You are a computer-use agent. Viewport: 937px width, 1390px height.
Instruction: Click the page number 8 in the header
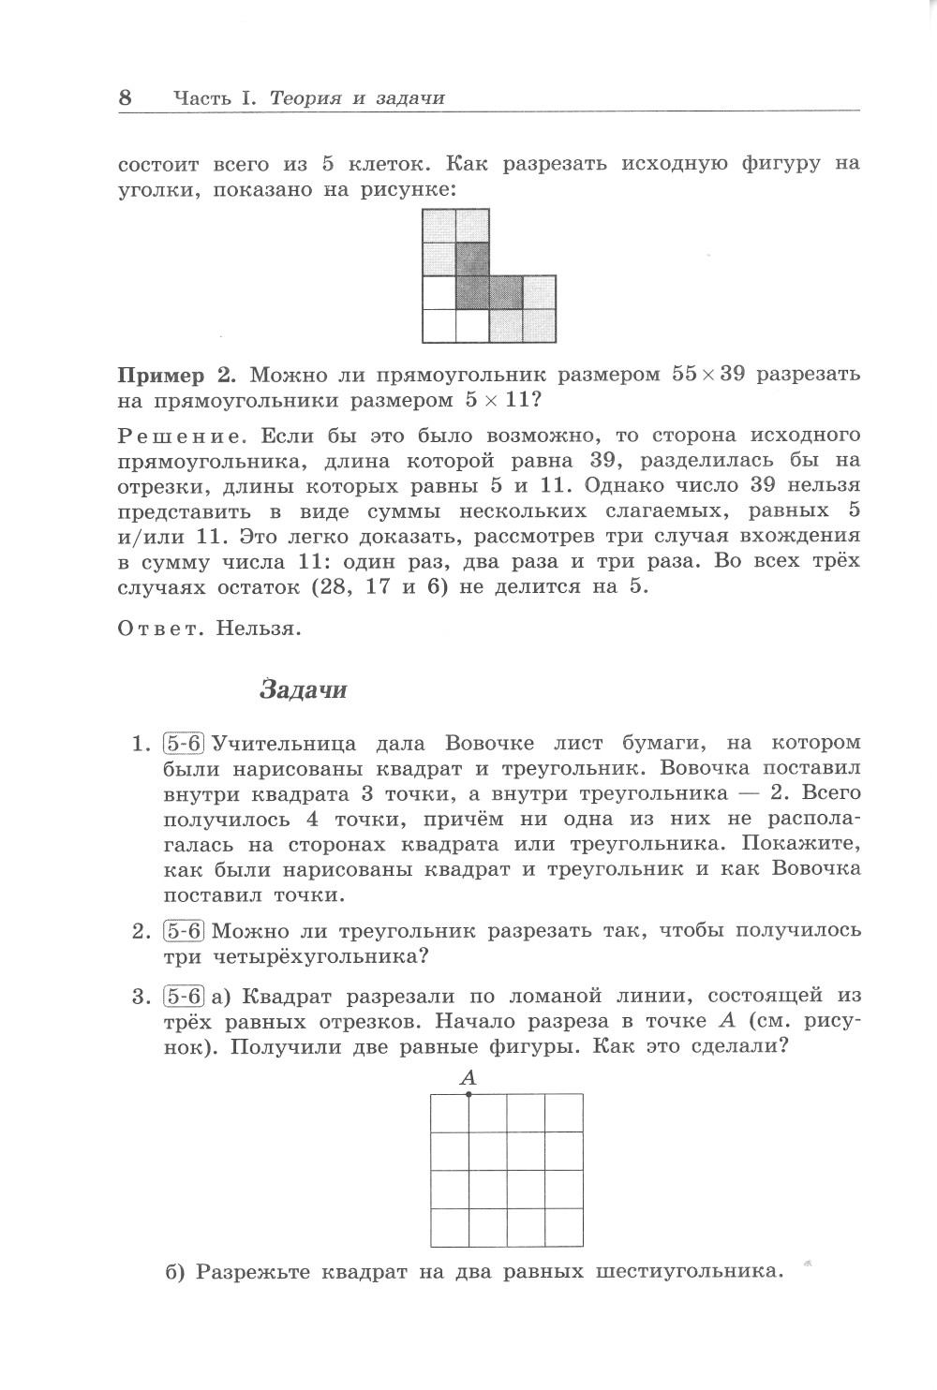tap(126, 97)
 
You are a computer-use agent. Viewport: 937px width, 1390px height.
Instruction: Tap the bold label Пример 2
tap(175, 376)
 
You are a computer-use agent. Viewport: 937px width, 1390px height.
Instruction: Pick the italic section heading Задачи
tap(303, 690)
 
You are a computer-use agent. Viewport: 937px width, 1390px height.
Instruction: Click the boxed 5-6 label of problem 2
tap(184, 932)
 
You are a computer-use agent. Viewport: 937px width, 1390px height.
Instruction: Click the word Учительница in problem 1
tap(285, 745)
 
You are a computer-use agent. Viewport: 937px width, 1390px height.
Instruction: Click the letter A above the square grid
tap(468, 1077)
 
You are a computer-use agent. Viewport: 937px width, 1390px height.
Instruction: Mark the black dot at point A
tap(468, 1093)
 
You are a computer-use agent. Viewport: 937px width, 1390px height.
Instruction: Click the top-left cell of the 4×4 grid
tap(450, 1113)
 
